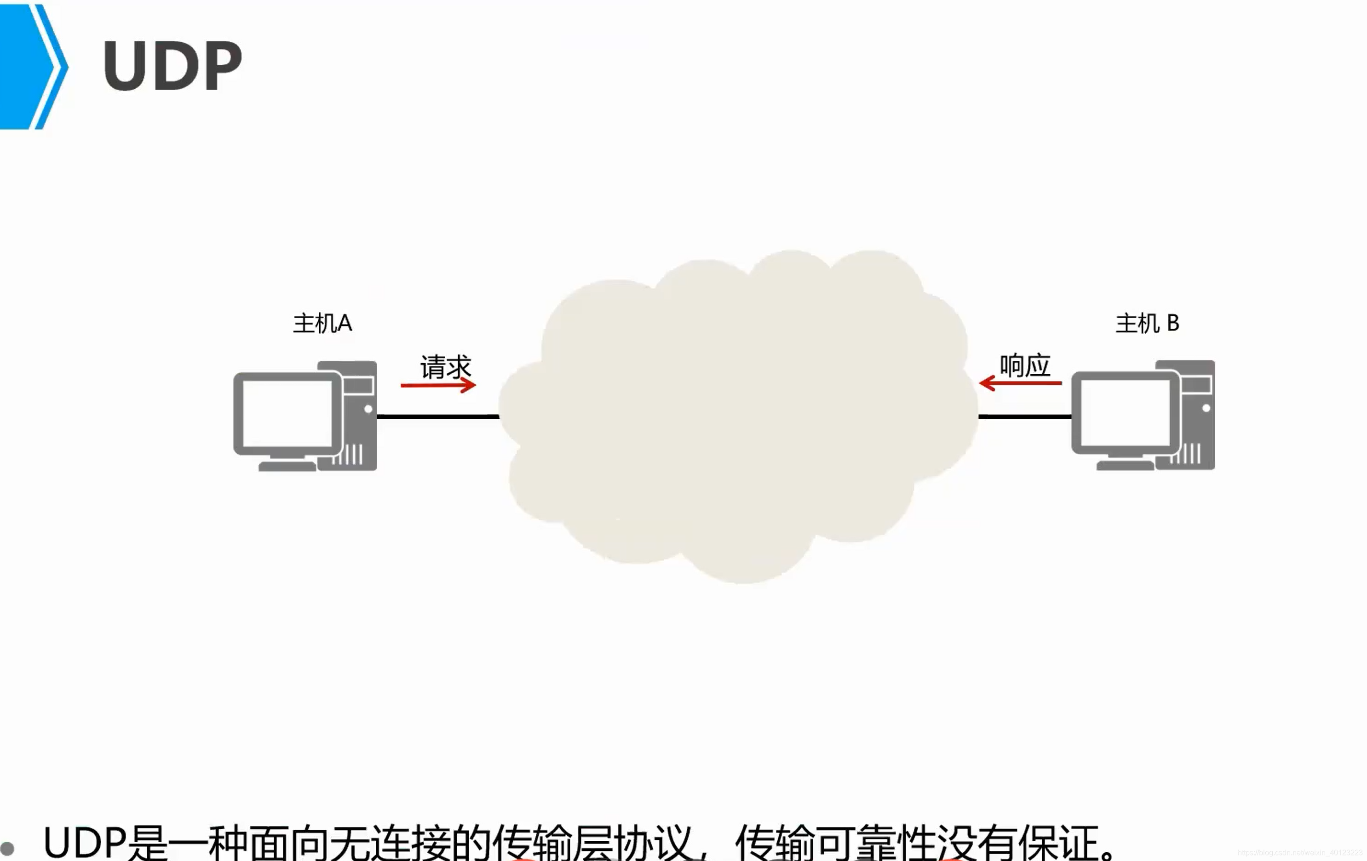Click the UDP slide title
coord(172,66)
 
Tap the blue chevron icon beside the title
coord(31,66)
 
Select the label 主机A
coord(322,323)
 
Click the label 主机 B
coord(1147,323)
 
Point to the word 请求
coord(446,366)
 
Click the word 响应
coord(1025,365)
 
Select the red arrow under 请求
coord(438,386)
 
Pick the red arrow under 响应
coord(1020,383)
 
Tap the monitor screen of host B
coord(1125,412)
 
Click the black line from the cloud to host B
coord(1025,417)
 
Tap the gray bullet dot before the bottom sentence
coord(7,848)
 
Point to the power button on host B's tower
coord(1206,408)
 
